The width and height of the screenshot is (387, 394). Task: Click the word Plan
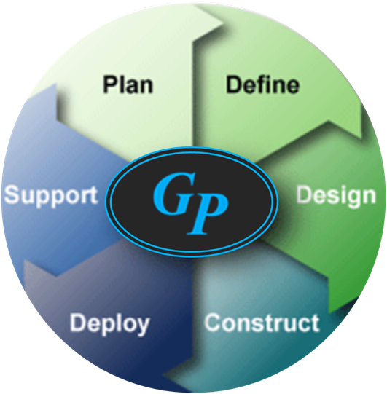point(128,84)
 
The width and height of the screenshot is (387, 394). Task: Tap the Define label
point(262,84)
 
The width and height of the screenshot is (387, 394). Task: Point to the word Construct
point(262,323)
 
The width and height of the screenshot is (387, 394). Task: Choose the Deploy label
point(109,324)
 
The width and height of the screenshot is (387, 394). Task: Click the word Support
point(51,196)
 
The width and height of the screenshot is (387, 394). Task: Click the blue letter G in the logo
point(174,193)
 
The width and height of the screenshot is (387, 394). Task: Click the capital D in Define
point(234,84)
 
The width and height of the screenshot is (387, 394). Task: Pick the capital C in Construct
point(213,323)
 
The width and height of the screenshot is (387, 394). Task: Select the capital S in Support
point(12,194)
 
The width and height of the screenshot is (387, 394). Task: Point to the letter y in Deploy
point(143,328)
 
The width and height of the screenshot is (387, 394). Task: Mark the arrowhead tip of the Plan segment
point(223,24)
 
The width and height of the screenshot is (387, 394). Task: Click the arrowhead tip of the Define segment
point(361,138)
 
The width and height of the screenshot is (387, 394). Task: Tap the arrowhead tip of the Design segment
point(329,312)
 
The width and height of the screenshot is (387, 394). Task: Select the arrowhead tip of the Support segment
point(56,85)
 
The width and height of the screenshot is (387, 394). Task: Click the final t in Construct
point(316,323)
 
